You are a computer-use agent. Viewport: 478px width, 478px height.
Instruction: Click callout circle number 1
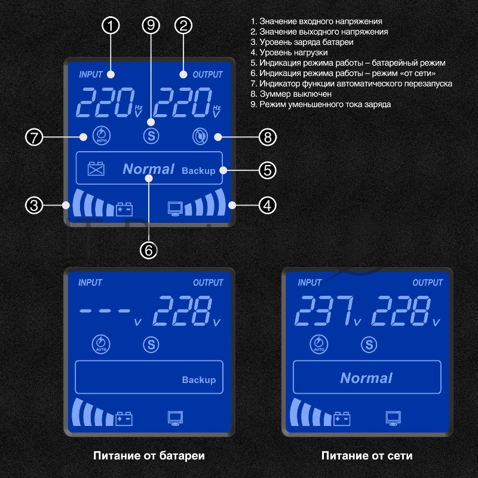[111, 26]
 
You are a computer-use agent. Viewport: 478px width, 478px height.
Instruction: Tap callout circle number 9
[151, 26]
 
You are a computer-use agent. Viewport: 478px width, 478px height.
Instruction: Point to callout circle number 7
[35, 137]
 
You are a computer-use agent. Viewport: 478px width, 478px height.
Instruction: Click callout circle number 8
[268, 137]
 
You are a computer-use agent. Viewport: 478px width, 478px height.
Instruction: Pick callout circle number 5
[268, 170]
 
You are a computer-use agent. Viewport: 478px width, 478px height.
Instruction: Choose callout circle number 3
[35, 206]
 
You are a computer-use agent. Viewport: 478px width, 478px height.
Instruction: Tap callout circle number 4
[268, 206]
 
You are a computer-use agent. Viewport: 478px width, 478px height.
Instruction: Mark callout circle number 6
[149, 249]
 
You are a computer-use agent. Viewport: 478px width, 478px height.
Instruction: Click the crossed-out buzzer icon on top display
[199, 136]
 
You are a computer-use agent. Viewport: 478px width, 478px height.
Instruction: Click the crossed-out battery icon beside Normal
[96, 169]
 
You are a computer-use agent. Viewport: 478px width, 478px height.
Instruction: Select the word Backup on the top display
[198, 170]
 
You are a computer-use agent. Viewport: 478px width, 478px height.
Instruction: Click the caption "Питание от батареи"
[149, 456]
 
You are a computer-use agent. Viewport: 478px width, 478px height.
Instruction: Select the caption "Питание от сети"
[367, 456]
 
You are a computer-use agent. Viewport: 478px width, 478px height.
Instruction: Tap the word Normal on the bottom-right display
[366, 378]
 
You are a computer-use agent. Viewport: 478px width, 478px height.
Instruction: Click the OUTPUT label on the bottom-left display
[208, 283]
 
